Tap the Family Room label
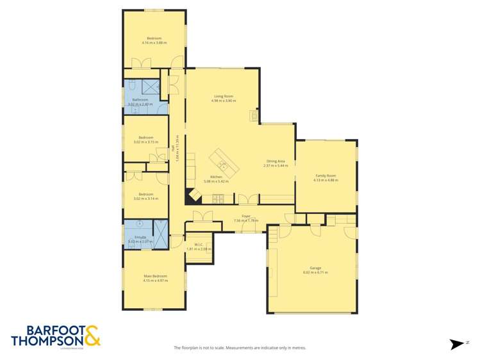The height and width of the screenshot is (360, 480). [x=326, y=176]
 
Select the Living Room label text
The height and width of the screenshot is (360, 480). [x=224, y=96]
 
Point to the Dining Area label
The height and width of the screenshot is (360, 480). [x=276, y=161]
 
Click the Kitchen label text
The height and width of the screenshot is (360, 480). [x=216, y=177]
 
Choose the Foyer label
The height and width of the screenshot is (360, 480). [x=245, y=216]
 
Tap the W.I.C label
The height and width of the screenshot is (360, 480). [x=198, y=244]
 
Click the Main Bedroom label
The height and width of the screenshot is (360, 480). [x=154, y=275]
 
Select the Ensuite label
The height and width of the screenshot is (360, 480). [x=140, y=237]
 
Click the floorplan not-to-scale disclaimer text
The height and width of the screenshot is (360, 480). [x=240, y=348]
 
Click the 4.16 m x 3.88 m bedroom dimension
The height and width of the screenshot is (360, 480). [x=154, y=43]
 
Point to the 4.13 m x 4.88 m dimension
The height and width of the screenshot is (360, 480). [x=326, y=180]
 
